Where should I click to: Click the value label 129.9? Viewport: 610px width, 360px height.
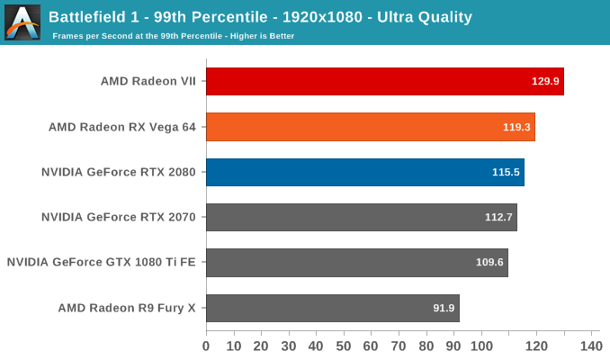(x=545, y=81)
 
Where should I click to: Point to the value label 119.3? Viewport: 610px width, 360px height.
(x=516, y=127)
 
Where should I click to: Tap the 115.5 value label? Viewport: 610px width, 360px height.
(x=506, y=172)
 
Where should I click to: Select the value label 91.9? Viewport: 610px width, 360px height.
(x=444, y=308)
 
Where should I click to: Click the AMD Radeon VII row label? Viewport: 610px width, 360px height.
(x=148, y=81)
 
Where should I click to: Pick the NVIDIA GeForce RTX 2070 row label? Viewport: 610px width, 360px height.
(x=119, y=217)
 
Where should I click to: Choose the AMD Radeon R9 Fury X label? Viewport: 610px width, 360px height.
(x=127, y=308)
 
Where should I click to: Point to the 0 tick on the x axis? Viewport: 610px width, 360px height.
(x=206, y=346)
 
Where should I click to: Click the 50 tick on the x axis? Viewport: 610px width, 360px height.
(x=344, y=346)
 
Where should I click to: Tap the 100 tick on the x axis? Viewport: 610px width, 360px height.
(x=481, y=346)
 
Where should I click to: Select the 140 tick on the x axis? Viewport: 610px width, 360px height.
(x=591, y=346)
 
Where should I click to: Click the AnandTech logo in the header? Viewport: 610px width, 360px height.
(x=22, y=22)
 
